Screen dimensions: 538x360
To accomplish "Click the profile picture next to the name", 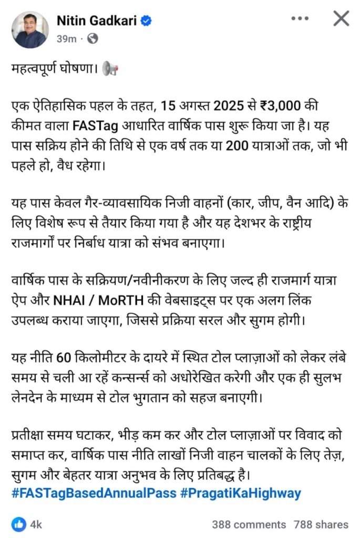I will point(30,29).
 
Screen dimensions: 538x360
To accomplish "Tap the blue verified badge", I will point(149,20).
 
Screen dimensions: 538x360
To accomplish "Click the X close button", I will point(341,19).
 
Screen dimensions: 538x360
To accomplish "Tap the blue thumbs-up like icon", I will point(19,524).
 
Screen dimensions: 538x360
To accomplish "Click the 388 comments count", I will point(249,524).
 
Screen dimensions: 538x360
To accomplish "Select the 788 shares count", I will point(322,524).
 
